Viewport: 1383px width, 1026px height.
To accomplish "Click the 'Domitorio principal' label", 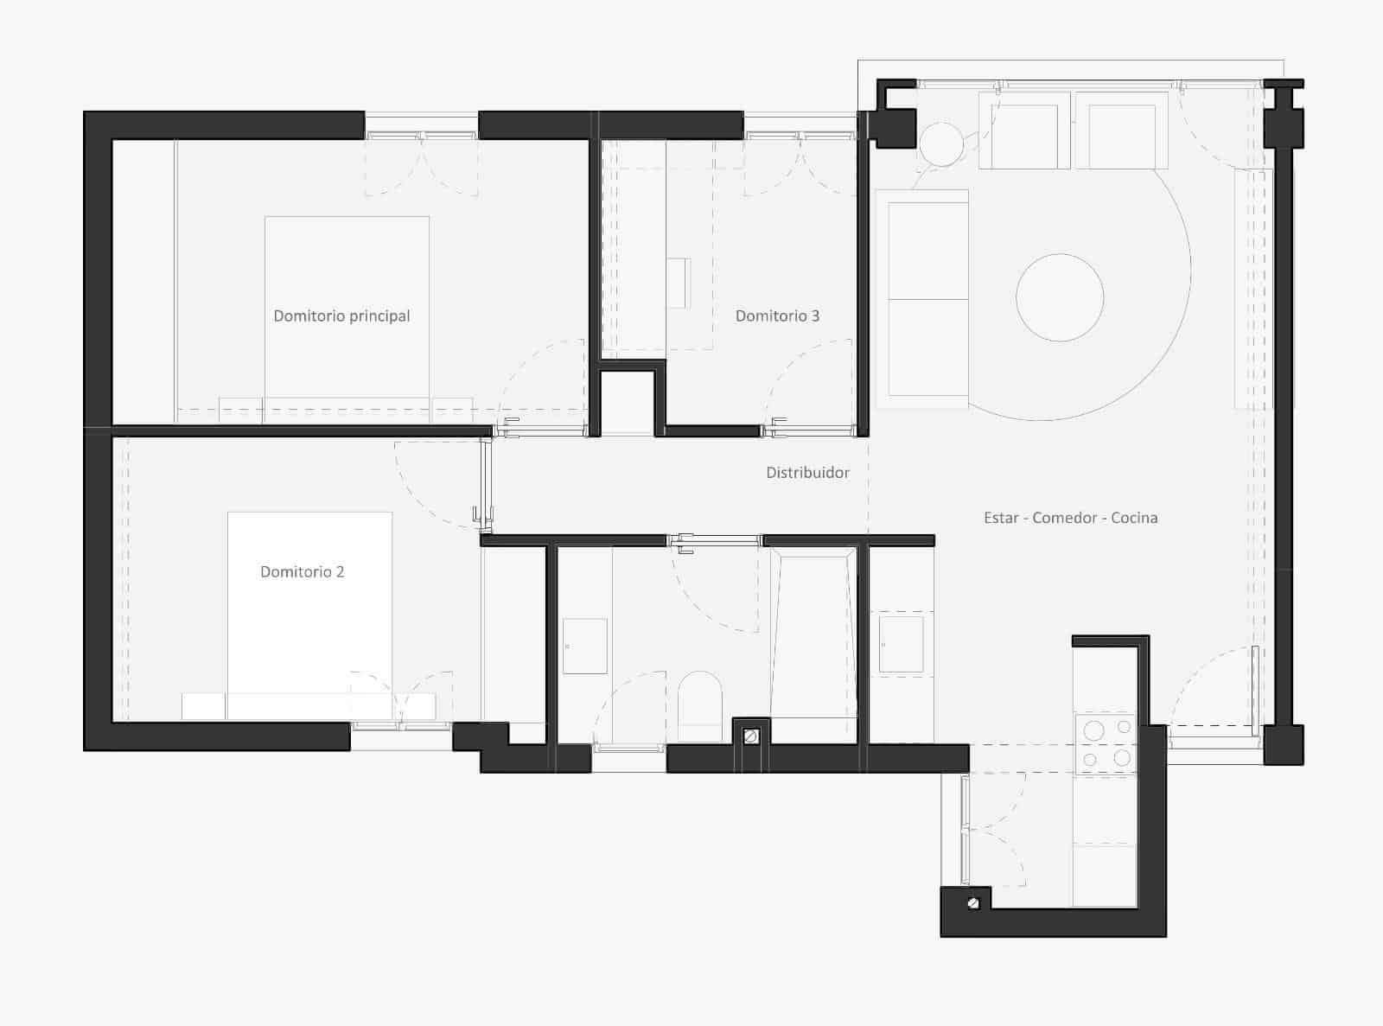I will [341, 316].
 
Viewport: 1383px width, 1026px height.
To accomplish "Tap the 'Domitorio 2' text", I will [303, 572].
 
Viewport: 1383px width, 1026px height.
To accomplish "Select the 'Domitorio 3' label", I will [777, 316].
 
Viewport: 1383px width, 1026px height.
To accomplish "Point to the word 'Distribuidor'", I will [807, 473].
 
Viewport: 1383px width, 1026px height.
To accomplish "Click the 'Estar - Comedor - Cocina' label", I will [1070, 518].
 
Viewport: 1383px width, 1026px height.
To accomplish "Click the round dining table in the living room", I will [1059, 297].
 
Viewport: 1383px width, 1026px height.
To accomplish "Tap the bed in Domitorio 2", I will [309, 605].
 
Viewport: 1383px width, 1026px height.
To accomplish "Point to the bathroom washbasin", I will [585, 646].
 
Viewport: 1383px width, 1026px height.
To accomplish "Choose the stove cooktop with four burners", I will [1106, 743].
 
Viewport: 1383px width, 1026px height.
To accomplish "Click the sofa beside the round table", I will [922, 299].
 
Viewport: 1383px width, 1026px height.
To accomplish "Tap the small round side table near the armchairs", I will [940, 143].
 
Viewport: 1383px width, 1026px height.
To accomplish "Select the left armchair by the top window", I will [1024, 134].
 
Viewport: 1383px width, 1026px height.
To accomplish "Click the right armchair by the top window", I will [1121, 134].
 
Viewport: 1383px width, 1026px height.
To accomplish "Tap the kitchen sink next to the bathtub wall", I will [900, 642].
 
